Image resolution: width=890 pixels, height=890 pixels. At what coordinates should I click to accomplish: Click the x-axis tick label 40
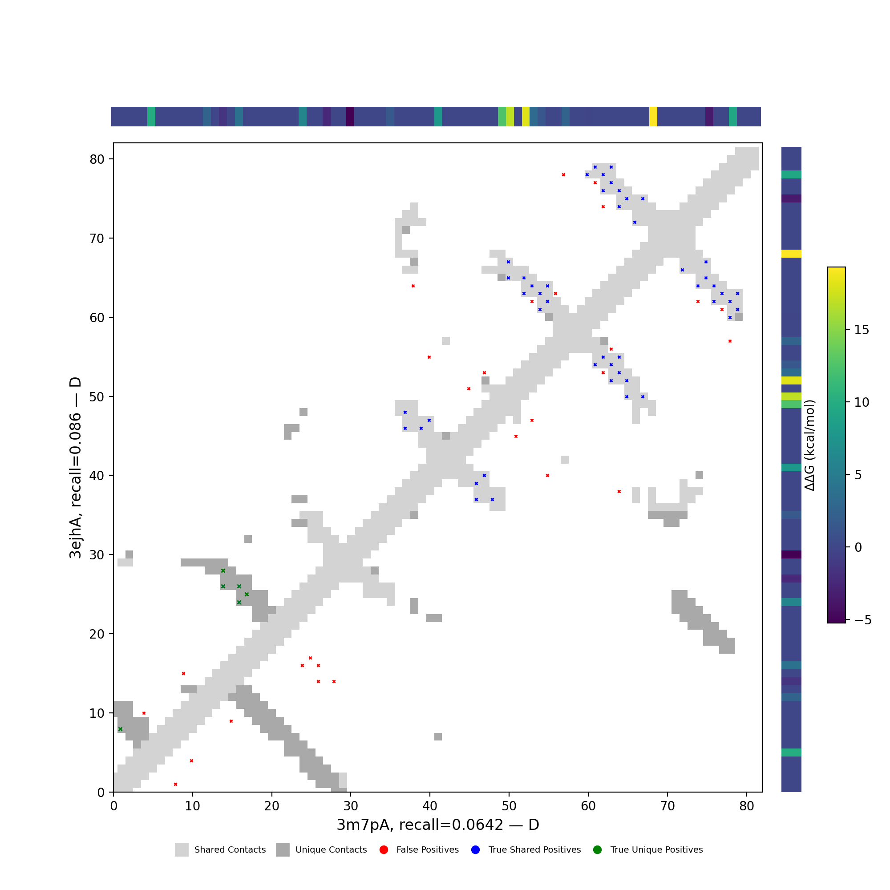tap(430, 806)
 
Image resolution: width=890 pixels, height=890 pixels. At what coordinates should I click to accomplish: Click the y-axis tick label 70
tap(97, 239)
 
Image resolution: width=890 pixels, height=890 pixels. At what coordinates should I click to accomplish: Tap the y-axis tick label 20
tap(97, 634)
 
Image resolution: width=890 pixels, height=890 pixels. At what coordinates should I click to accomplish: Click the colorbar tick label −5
tap(862, 620)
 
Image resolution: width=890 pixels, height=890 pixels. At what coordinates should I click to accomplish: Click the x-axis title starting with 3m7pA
tap(437, 825)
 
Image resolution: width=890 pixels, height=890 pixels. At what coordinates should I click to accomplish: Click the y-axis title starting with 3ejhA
tap(75, 468)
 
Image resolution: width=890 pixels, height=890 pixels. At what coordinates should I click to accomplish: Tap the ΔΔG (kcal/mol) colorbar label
tap(809, 445)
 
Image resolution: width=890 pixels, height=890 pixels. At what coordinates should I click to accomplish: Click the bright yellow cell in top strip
tap(653, 117)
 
